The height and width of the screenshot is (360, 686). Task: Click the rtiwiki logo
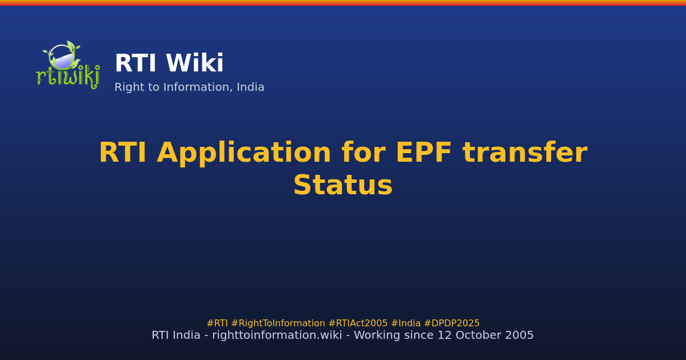pos(67,64)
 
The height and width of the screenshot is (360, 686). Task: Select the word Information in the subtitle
pos(201,87)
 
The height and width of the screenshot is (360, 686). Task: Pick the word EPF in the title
pos(424,153)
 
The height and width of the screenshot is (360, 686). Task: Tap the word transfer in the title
pos(524,153)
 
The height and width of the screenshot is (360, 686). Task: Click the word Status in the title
pos(343,186)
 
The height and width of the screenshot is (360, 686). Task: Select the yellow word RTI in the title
pos(123,153)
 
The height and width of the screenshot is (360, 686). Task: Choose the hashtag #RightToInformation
pos(278,323)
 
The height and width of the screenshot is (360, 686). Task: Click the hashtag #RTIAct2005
pos(358,323)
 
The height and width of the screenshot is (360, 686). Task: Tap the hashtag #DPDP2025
pos(452,323)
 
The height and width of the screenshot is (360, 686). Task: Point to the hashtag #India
pos(405,323)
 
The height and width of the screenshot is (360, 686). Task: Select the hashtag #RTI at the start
pos(217,323)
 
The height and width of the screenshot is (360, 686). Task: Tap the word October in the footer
pos(480,335)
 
